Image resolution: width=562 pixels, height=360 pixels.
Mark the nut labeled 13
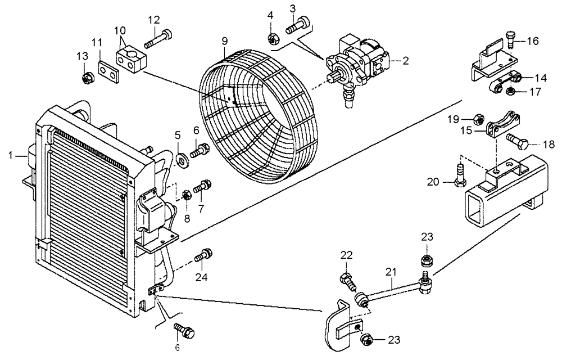[87, 78]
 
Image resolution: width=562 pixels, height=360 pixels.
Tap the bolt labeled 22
[347, 279]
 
